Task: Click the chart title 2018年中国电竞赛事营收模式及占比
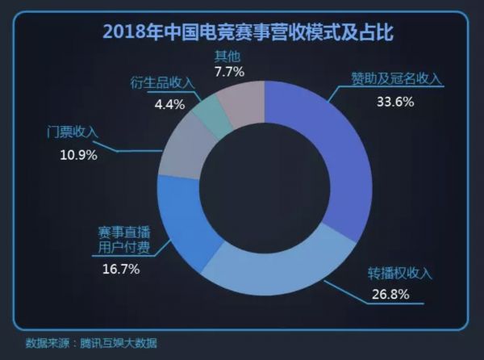click(x=241, y=32)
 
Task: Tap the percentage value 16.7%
click(x=120, y=270)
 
